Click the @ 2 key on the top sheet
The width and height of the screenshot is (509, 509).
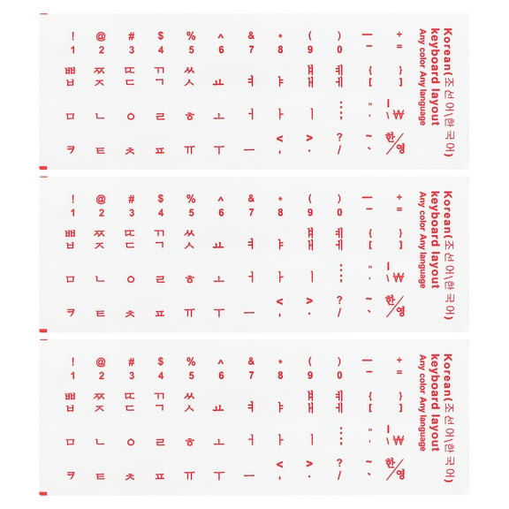[x=101, y=42]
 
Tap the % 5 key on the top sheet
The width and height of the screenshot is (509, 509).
[x=190, y=42]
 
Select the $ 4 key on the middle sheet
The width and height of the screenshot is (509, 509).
[x=160, y=205]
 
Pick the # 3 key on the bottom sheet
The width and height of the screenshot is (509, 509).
[x=131, y=368]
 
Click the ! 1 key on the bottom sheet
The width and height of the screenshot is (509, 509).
[x=72, y=368]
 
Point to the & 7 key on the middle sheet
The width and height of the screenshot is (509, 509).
[x=251, y=205]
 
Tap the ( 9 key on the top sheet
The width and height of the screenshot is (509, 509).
[x=310, y=42]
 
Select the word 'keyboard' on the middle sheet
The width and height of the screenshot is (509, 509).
[x=435, y=212]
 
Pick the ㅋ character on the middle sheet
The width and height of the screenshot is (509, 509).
[x=71, y=311]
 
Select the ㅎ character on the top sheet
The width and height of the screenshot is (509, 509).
[x=189, y=116]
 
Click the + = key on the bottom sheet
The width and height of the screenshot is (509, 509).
[x=399, y=367]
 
